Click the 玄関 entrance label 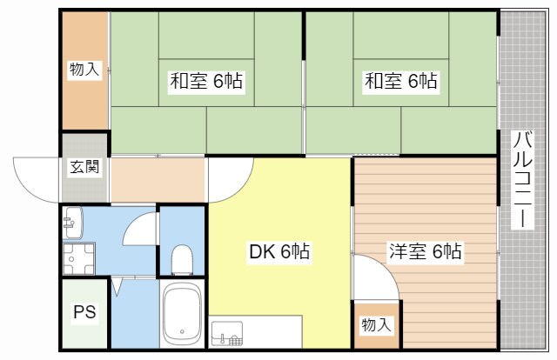[x=85, y=167]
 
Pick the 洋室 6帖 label [x=425, y=253]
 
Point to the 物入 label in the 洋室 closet [x=376, y=325]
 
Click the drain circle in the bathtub [x=183, y=330]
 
